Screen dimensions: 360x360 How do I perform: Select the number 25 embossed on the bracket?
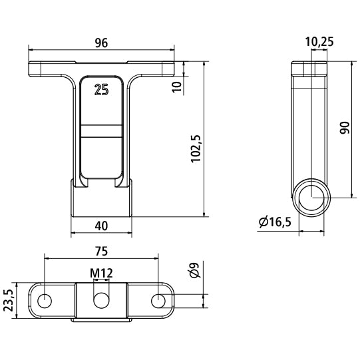click(101, 91)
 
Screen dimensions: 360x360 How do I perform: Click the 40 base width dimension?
click(101, 225)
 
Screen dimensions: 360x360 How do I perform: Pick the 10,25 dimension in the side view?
click(319, 41)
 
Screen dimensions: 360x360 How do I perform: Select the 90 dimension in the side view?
click(344, 128)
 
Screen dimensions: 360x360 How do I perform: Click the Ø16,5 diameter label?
click(273, 223)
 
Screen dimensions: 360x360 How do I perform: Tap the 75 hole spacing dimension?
click(101, 252)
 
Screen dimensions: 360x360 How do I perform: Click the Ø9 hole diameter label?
click(194, 270)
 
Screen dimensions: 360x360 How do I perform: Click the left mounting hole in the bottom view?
click(45, 300)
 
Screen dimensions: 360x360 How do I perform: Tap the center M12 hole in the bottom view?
click(101, 301)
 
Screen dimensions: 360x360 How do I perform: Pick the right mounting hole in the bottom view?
click(158, 300)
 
